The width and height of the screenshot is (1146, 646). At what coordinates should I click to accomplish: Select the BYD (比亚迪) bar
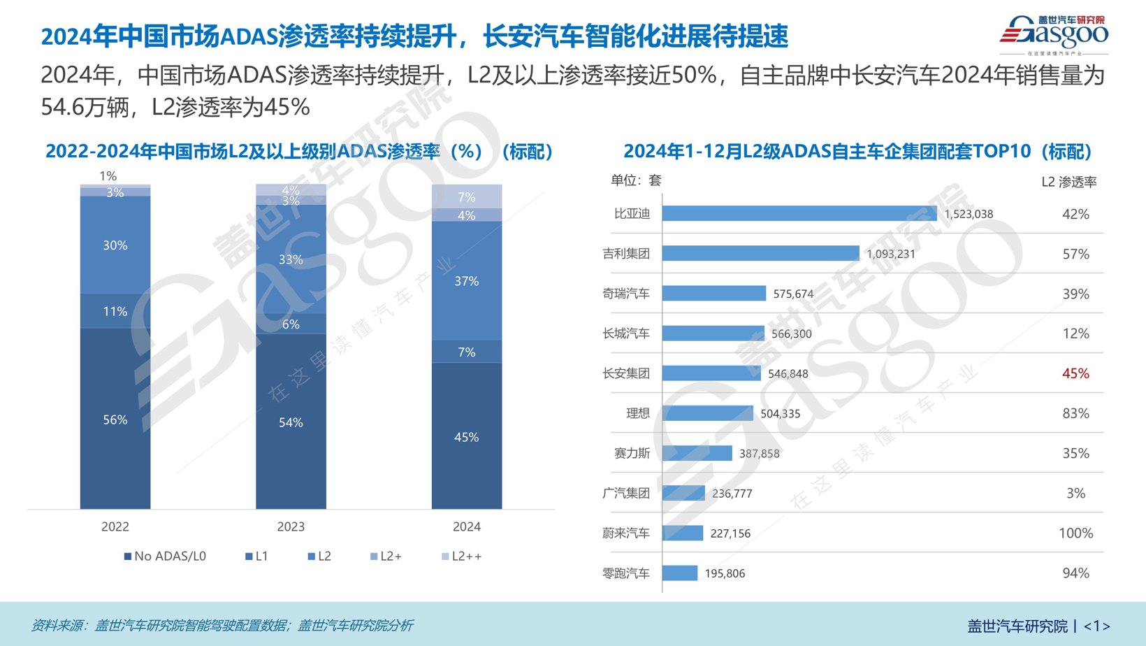[799, 214]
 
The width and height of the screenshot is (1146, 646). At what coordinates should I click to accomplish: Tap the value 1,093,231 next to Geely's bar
[890, 254]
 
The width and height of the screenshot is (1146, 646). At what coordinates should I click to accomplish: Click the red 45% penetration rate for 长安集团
[1075, 373]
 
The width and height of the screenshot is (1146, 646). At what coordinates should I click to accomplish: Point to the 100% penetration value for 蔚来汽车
[1075, 533]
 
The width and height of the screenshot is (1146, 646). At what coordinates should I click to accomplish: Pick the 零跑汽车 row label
[626, 573]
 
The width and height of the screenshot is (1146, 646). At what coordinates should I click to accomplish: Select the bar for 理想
[707, 413]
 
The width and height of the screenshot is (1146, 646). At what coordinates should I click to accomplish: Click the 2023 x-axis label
[291, 527]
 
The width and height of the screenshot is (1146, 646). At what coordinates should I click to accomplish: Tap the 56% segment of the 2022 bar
[115, 419]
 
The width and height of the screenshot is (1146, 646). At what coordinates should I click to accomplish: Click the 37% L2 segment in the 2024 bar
[466, 281]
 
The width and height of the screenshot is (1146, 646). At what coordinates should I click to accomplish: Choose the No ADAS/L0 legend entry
[166, 557]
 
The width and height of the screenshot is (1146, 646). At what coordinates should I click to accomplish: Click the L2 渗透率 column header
[1068, 182]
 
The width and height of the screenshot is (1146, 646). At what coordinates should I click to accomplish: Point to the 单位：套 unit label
[635, 180]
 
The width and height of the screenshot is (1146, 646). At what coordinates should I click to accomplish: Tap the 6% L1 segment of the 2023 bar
[291, 324]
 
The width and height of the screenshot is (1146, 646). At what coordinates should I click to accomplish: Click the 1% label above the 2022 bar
[108, 176]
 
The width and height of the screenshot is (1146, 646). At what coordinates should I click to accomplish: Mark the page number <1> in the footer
[1096, 626]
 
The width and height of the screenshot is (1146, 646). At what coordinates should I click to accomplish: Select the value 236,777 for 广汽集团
[732, 494]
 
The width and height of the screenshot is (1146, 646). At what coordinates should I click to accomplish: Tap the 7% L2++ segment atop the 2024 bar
[466, 196]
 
